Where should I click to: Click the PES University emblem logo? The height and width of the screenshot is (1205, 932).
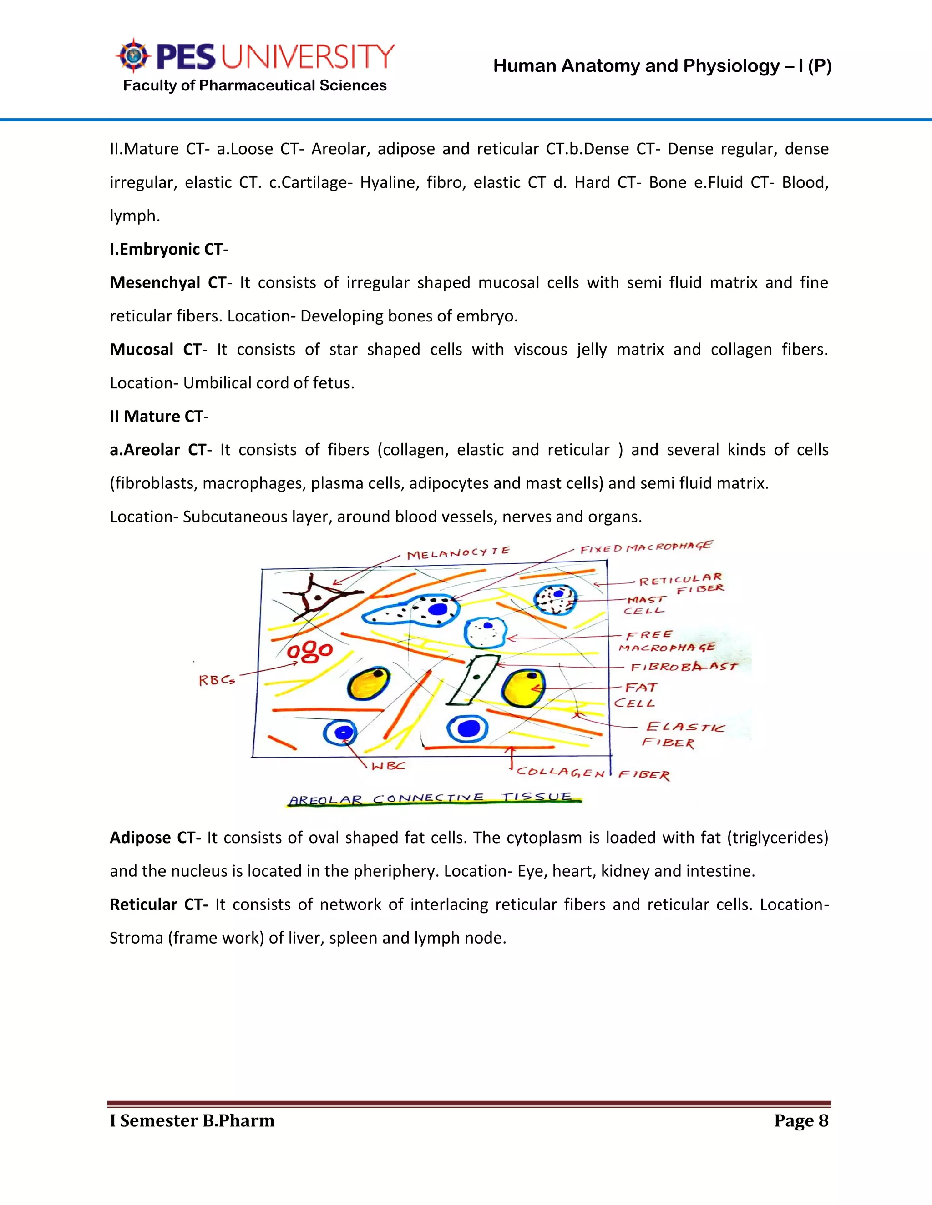(x=133, y=56)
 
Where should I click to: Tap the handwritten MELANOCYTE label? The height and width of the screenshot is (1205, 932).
(x=458, y=552)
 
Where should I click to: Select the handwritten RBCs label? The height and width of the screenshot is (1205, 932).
(x=217, y=680)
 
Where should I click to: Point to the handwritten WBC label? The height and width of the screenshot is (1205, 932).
(x=388, y=766)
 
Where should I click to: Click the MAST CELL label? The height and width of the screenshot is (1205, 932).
(x=645, y=605)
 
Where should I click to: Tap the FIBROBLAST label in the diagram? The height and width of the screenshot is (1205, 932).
(x=684, y=667)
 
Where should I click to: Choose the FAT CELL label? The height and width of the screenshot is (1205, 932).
(x=637, y=695)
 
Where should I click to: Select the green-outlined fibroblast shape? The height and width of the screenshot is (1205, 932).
(x=473, y=680)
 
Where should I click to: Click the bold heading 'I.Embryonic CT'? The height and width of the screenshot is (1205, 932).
(x=166, y=249)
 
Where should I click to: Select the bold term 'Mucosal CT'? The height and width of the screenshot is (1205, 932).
(x=156, y=350)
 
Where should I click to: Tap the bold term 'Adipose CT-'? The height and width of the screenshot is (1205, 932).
(x=155, y=838)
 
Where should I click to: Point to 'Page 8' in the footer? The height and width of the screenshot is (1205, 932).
(x=801, y=1120)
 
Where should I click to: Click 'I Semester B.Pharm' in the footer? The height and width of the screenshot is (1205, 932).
(x=192, y=1120)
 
